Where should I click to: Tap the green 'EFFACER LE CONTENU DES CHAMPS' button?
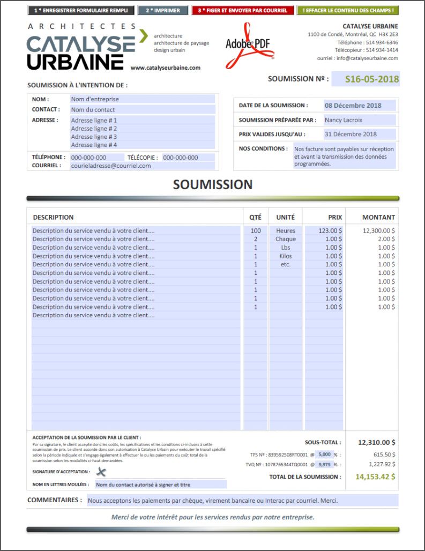[x=348, y=10]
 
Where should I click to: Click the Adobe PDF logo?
[x=248, y=46]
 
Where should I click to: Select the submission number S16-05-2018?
[x=372, y=79]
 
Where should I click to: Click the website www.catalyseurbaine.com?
[x=165, y=68]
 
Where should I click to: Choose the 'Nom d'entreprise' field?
[x=143, y=99]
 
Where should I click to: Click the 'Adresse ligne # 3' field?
[x=143, y=137]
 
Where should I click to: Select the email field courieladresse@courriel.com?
[x=143, y=166]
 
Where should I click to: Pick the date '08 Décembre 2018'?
[x=360, y=106]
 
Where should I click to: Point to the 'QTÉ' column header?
[x=256, y=217]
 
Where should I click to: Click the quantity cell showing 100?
[x=256, y=230]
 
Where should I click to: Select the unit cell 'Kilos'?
[x=286, y=256]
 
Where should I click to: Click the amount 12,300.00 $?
[x=378, y=230]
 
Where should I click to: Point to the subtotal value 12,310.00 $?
[x=377, y=443]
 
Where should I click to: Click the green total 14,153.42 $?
[x=375, y=476]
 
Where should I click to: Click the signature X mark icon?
[x=101, y=472]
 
